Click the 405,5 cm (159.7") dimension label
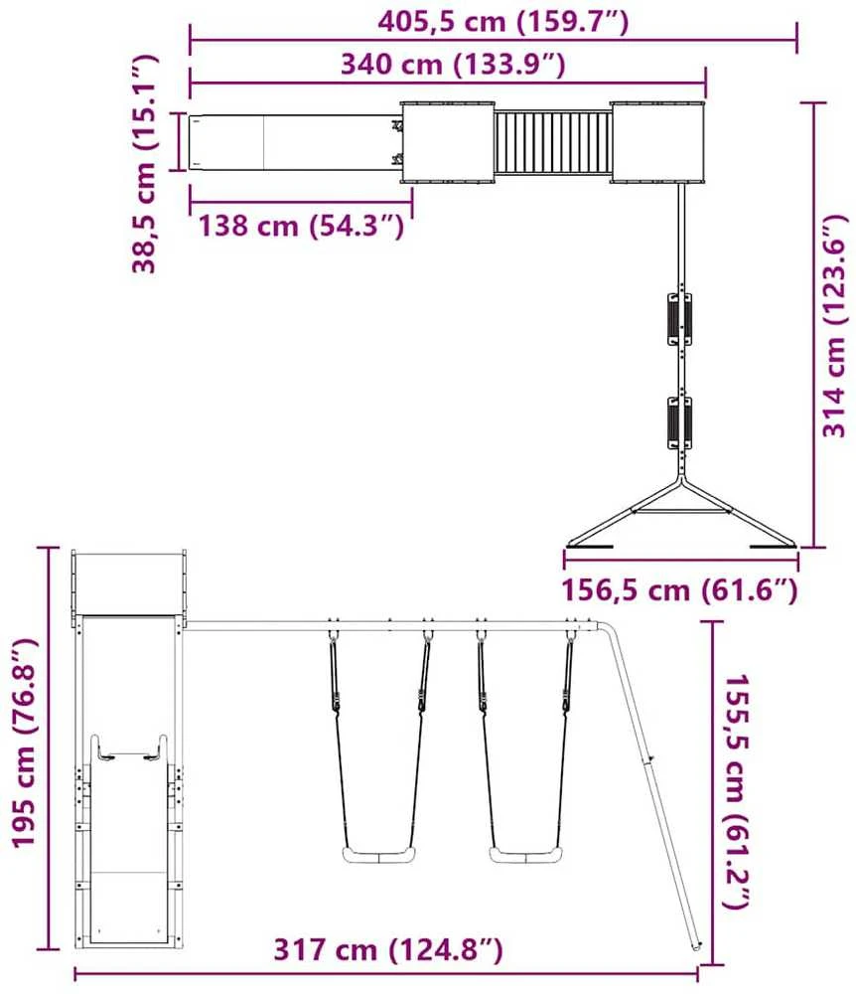point(503,22)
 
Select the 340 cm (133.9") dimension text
point(453,64)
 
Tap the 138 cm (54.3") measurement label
point(301,226)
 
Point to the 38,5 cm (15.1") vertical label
point(144,164)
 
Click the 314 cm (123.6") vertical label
point(834,325)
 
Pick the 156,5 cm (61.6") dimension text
point(680,590)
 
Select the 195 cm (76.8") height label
point(25,743)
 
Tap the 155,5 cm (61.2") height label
point(737,791)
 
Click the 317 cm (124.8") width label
point(388,949)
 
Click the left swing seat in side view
point(379,855)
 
